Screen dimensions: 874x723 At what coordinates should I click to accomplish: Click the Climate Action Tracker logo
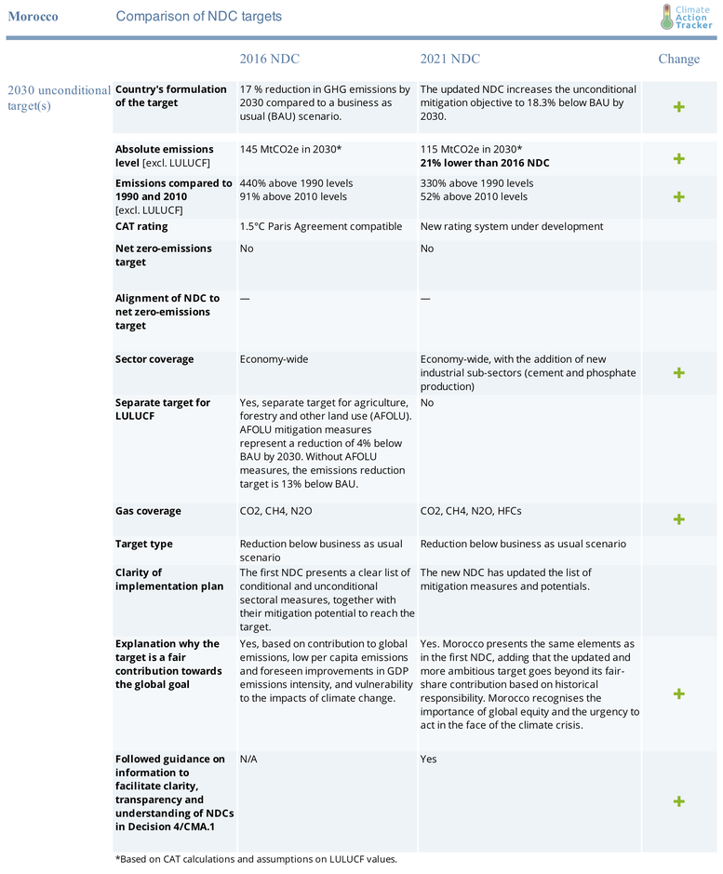pos(686,17)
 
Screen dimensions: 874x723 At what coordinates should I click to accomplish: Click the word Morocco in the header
pos(33,17)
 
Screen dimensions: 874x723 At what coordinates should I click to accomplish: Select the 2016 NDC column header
pos(269,59)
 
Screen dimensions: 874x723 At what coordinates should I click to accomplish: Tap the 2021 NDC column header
pos(449,59)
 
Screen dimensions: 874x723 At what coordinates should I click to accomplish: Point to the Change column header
pos(678,59)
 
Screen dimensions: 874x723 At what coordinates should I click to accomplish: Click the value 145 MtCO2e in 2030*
pos(290,150)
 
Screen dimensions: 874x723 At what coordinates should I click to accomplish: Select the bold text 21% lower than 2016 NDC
pos(484,163)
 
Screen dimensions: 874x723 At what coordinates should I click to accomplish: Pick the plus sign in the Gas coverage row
pos(678,518)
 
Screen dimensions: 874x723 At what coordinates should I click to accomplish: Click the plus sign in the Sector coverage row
pos(678,372)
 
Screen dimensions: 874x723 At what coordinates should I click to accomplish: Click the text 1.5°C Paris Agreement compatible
pos(321,226)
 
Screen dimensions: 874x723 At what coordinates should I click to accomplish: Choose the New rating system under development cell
pos(511,226)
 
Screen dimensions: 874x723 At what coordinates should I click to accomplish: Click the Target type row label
pos(144,544)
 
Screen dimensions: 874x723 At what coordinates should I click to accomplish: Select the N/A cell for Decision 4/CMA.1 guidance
pos(249,759)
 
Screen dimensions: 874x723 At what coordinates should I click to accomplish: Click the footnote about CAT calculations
pos(256,858)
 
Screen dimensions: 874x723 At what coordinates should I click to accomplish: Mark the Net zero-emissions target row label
pos(164,255)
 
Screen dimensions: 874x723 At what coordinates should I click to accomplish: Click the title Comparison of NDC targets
pos(198,17)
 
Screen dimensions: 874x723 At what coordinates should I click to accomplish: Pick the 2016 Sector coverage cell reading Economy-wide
pos(274,359)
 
